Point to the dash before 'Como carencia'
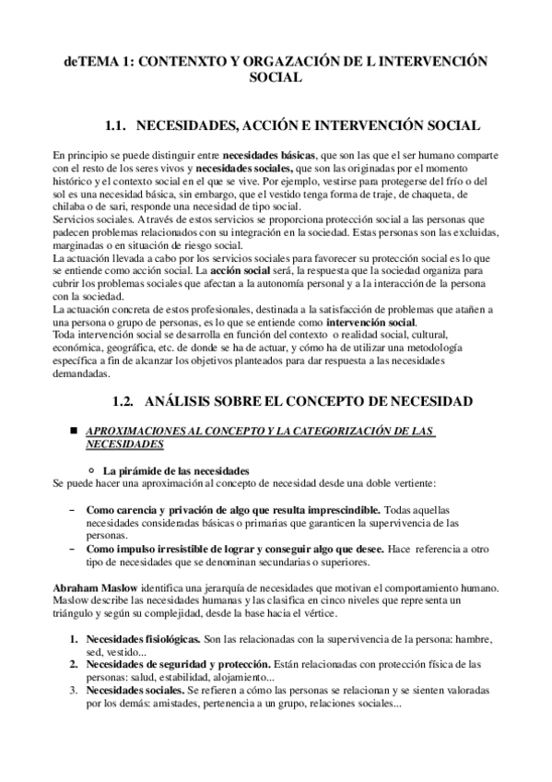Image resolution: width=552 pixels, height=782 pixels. pos(73,509)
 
